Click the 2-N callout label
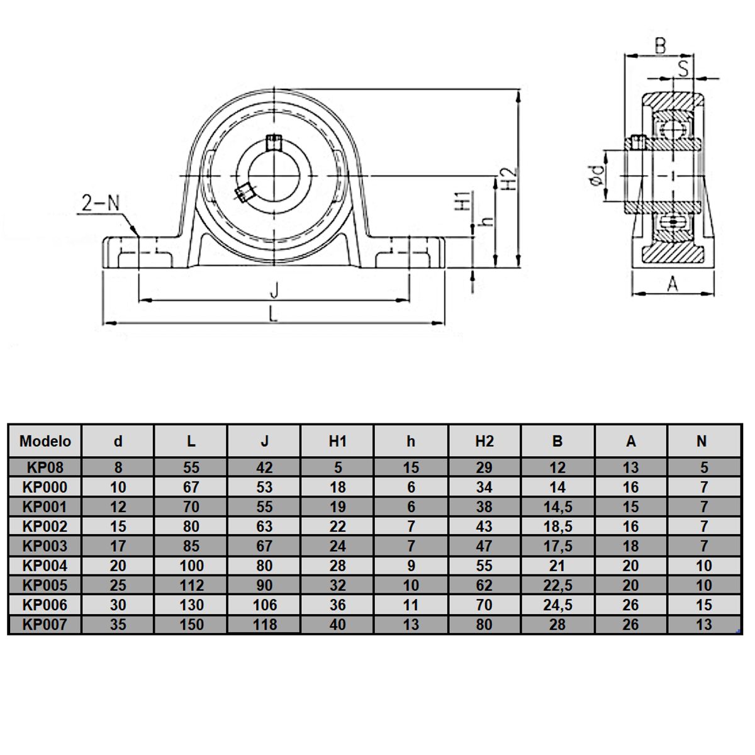point(100,203)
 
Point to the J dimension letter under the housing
point(274,290)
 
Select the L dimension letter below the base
point(273,313)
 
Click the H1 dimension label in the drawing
point(462,201)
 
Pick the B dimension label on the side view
point(660,45)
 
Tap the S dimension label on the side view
point(684,66)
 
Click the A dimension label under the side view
point(673,284)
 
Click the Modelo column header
point(45,441)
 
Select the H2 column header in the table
point(484,441)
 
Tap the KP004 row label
point(45,566)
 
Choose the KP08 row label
point(45,467)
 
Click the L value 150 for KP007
point(191,625)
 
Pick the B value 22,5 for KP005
point(557,585)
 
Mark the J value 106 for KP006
point(264,605)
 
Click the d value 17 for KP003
point(118,546)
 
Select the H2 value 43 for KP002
point(484,527)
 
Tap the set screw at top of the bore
point(274,142)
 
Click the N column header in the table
point(702,441)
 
